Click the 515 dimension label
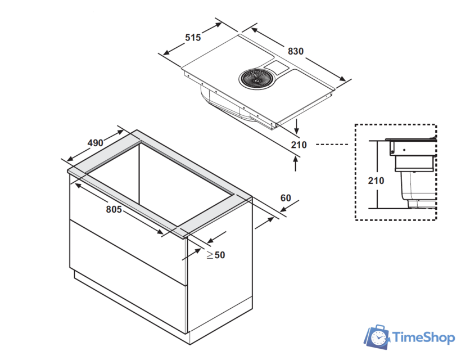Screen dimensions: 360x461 tap(193, 38)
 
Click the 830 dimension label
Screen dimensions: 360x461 tap(295, 51)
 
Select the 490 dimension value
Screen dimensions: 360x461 tap(95, 143)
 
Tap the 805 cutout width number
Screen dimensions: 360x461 tap(114, 209)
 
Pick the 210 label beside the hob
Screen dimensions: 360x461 tap(299, 145)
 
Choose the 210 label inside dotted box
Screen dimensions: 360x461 tap(376, 181)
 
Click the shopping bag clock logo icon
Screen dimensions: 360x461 tap(377, 337)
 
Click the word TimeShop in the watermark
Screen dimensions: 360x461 tap(422, 337)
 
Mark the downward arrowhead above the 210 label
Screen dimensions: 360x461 tap(296, 129)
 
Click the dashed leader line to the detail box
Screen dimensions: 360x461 tap(332, 145)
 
